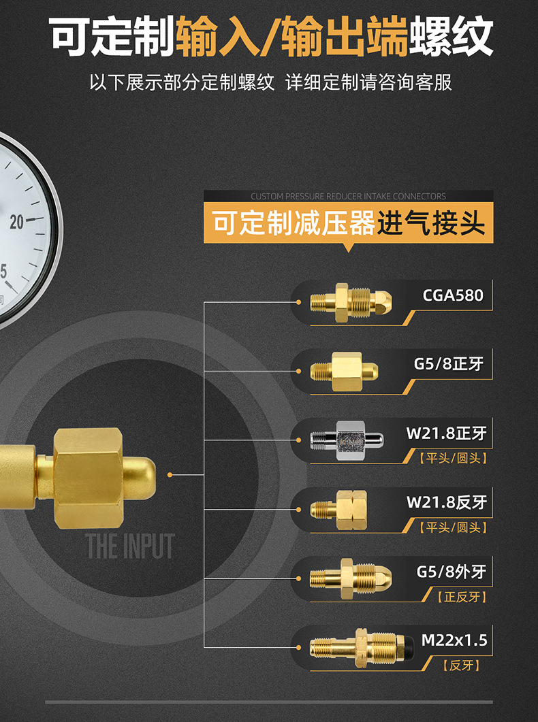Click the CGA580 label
pos(453,295)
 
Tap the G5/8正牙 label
pos(449,364)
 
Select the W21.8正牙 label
pos(447,433)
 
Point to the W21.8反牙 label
pos(447,503)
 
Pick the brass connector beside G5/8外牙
pos(351,580)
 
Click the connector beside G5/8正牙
pos(345,372)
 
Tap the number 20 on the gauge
pos(16,222)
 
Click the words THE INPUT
pos(130,546)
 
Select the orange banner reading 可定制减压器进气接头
pos(348,223)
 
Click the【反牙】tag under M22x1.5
pos(461,666)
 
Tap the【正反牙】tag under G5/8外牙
pos(462,597)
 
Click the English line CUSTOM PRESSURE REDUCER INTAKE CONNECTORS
pos(348,196)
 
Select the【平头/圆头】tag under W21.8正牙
pos(454,459)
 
